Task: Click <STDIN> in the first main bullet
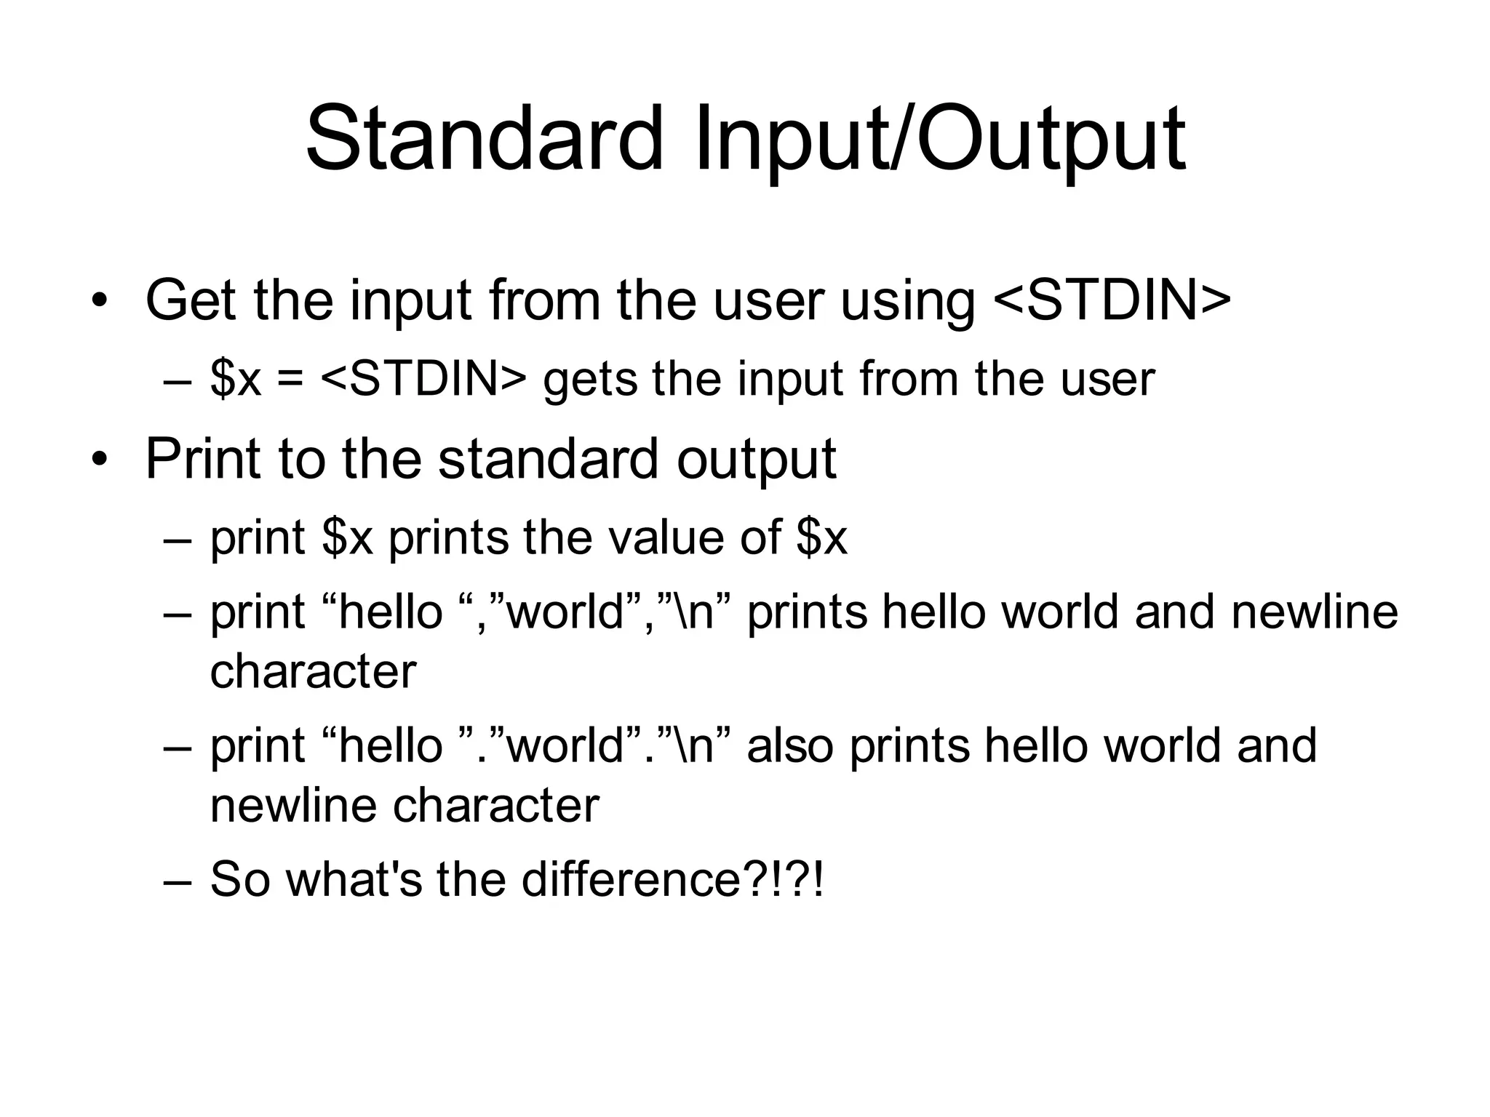(1112, 300)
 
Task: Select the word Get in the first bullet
(191, 300)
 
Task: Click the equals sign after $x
(290, 380)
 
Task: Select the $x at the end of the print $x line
(822, 537)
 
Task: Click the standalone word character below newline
(313, 670)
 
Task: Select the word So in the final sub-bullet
(240, 878)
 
